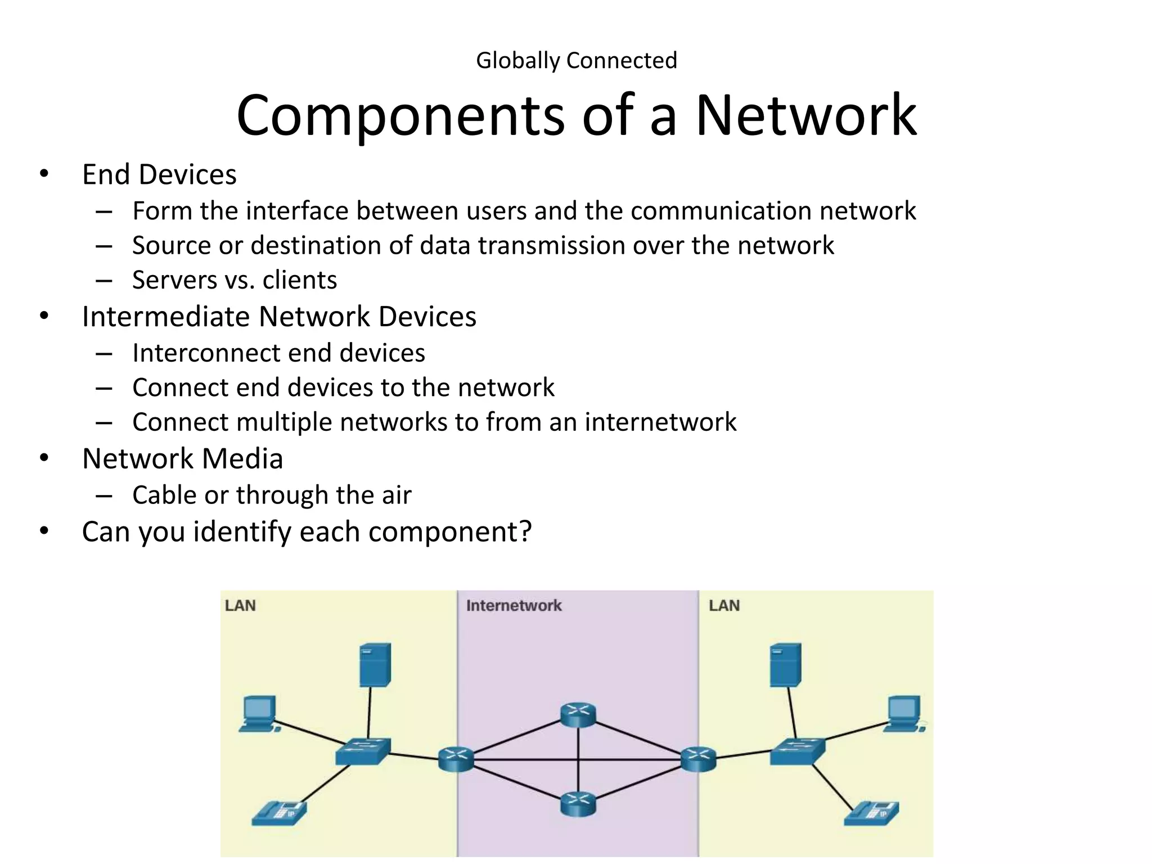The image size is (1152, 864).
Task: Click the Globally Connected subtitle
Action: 576,61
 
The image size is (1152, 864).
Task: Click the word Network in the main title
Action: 805,116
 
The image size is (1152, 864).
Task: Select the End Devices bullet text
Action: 159,174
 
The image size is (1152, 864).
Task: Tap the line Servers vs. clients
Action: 235,280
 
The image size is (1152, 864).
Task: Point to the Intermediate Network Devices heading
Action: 279,317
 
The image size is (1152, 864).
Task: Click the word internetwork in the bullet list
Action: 660,422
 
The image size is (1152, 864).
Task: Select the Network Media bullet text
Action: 182,458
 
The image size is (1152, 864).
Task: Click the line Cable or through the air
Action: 272,495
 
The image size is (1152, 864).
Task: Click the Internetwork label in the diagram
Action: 514,606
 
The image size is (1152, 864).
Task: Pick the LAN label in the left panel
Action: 240,606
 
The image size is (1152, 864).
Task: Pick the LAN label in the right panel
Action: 724,606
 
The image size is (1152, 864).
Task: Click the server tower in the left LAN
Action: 375,665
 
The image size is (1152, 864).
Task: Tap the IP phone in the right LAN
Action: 871,813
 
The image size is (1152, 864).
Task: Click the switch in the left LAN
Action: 362,751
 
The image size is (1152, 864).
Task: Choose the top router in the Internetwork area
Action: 578,714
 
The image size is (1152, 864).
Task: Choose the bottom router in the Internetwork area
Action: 578,804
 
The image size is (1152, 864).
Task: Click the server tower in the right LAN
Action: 785,665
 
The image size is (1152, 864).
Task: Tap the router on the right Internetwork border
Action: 698,759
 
